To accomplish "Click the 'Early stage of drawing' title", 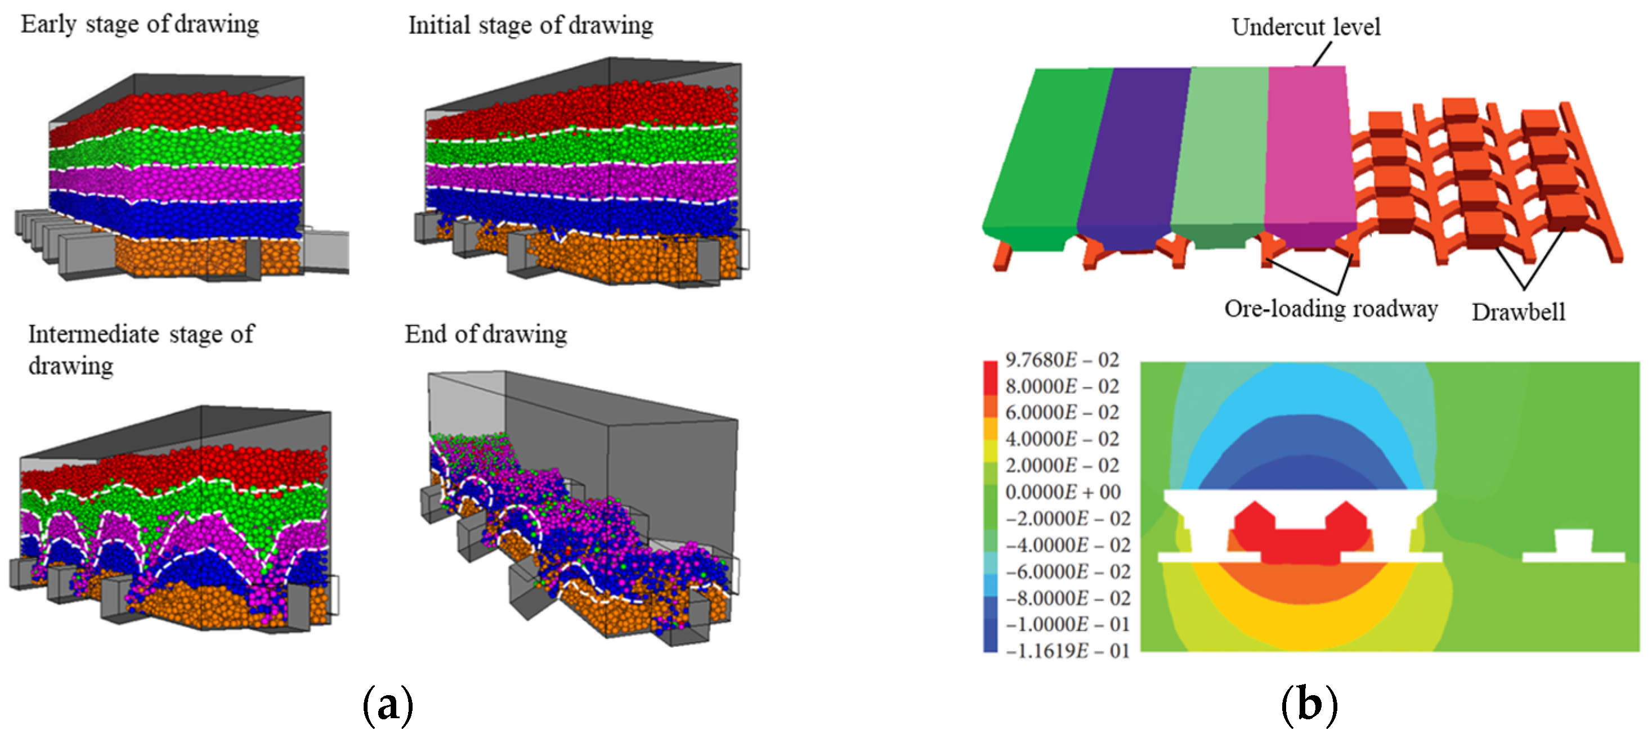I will pyautogui.click(x=140, y=24).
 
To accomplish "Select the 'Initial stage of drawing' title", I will pyautogui.click(x=530, y=26).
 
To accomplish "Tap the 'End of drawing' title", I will pyautogui.click(x=485, y=334).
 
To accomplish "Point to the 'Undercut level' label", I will pyautogui.click(x=1306, y=27).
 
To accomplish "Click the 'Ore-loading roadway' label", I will pyautogui.click(x=1331, y=309).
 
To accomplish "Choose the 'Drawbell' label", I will pyautogui.click(x=1518, y=312).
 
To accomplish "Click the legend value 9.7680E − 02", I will pyautogui.click(x=1062, y=360).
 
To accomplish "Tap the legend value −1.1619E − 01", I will pyautogui.click(x=1067, y=651).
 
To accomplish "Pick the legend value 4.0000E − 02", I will pyautogui.click(x=1062, y=439).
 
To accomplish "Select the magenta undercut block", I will pyautogui.click(x=1308, y=147).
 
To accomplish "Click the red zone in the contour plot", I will pyautogui.click(x=1299, y=545).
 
